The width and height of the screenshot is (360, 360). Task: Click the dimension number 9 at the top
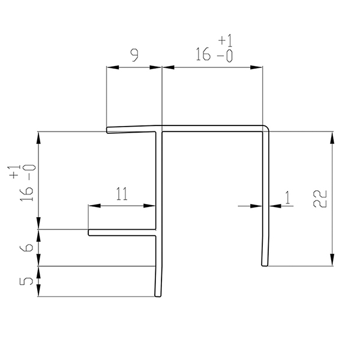click(x=134, y=56)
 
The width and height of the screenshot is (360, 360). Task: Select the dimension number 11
click(x=122, y=194)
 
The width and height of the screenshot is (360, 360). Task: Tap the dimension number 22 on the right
click(x=320, y=199)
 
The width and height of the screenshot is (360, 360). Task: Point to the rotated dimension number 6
click(x=26, y=248)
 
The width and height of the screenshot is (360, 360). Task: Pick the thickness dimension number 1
click(x=287, y=197)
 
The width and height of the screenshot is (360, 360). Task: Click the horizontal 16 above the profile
click(x=203, y=54)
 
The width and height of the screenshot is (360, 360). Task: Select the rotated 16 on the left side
click(x=26, y=194)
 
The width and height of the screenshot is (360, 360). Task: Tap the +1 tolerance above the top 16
click(x=225, y=40)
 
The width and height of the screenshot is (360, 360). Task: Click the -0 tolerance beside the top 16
click(x=225, y=56)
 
